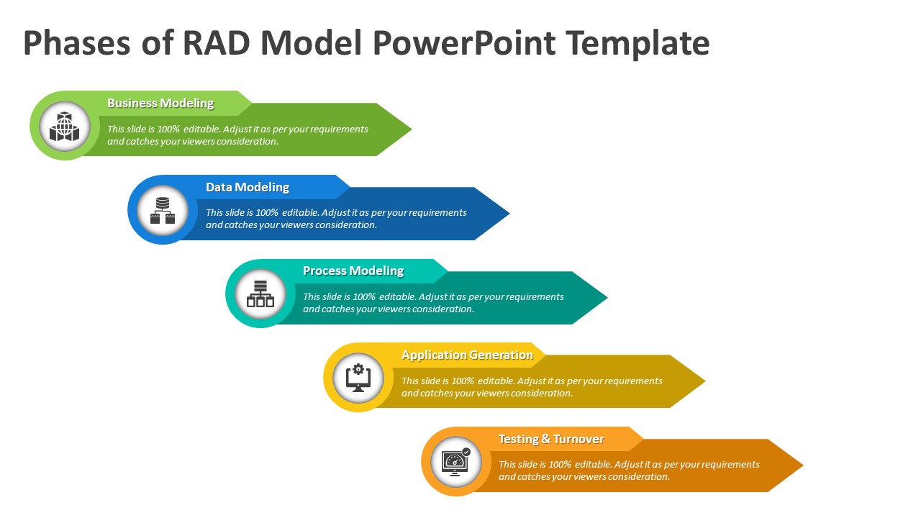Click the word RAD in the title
pyautogui.click(x=217, y=43)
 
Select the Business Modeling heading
pyautogui.click(x=160, y=103)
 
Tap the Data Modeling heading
pyautogui.click(x=248, y=187)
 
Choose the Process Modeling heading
pyautogui.click(x=353, y=271)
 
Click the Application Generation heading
pyautogui.click(x=467, y=355)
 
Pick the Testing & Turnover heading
pyautogui.click(x=551, y=439)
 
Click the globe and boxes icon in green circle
pyautogui.click(x=65, y=127)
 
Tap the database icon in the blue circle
pyautogui.click(x=163, y=210)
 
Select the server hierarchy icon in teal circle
pyautogui.click(x=260, y=294)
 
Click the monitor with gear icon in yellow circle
pyautogui.click(x=358, y=378)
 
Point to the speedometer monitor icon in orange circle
pyautogui.click(x=456, y=461)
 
